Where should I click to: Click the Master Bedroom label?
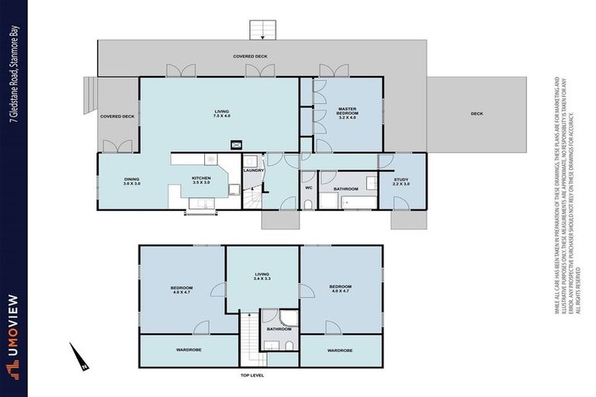[x=346, y=113]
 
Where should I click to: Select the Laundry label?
[x=254, y=171]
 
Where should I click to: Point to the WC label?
[x=308, y=188]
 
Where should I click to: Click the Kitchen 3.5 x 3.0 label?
[x=202, y=181]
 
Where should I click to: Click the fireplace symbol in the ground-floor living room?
[x=237, y=143]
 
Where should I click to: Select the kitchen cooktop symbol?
[x=210, y=158]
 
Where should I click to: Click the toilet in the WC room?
[x=308, y=204]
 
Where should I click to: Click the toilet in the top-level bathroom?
[x=269, y=317]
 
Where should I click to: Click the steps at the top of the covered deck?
[x=262, y=29]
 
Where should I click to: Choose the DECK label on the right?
[x=476, y=114]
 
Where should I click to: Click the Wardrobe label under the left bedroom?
[x=189, y=350]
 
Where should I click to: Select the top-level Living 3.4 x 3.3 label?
[x=262, y=277]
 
